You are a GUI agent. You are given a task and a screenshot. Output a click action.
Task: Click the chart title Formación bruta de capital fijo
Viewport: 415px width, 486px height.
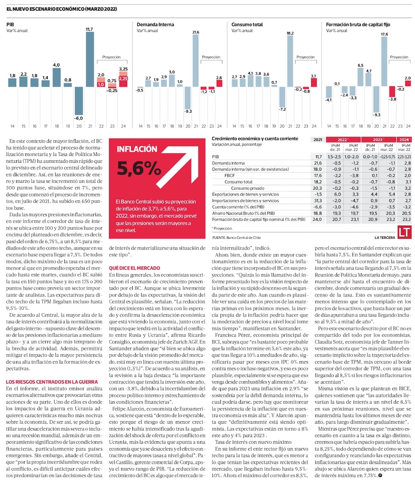tap(358, 25)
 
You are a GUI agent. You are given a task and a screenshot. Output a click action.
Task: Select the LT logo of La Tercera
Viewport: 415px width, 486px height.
tap(404, 233)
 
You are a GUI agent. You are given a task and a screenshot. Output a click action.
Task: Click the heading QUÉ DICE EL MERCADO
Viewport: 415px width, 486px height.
tap(134, 268)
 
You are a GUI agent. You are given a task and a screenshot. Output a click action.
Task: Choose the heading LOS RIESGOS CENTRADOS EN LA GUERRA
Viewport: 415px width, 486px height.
tap(52, 381)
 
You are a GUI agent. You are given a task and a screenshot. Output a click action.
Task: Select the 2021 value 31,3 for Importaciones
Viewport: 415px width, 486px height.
tap(318, 200)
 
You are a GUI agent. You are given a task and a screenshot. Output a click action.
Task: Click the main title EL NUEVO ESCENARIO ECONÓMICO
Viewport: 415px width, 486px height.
tap(61, 9)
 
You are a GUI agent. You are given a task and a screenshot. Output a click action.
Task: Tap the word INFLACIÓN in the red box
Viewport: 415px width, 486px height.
tap(137, 149)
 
